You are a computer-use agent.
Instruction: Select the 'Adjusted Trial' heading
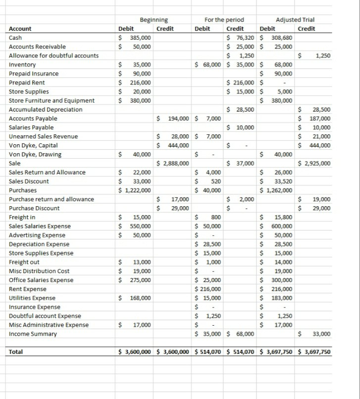coord(295,20)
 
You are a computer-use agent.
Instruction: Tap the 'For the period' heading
coord(224,20)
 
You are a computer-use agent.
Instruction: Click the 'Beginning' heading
coord(154,20)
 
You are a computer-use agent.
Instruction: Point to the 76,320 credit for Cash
coord(244,38)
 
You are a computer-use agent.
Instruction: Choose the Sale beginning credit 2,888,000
coord(173,164)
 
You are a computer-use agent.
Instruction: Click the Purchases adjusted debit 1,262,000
coord(279,190)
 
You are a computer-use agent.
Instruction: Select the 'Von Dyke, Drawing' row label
coord(35,155)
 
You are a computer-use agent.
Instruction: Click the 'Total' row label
coord(16,352)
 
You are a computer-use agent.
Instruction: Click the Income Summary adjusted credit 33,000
coord(322,334)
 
